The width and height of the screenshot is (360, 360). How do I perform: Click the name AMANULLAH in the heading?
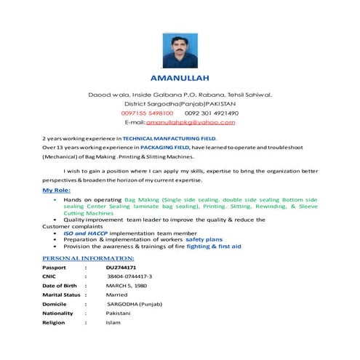point(180,77)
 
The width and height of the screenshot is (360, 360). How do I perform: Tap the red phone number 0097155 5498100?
point(147,113)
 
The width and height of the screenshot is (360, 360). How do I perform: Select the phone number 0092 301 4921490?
point(212,113)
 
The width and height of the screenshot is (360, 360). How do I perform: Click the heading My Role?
point(57,190)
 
